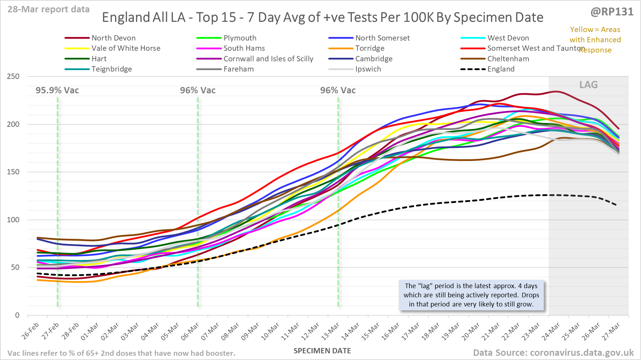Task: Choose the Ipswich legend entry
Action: pos(368,69)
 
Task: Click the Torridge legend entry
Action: pos(369,48)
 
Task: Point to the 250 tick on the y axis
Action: pos(13,76)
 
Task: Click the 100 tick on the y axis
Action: pos(13,220)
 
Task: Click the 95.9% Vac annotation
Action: pos(57,91)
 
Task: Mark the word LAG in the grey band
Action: pos(589,85)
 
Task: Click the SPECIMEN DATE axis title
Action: pos(322,351)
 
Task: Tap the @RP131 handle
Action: pos(612,12)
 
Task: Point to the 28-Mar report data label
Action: pos(49,10)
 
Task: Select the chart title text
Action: pos(322,17)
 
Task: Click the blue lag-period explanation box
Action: pos(471,295)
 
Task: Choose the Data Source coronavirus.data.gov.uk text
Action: pos(553,353)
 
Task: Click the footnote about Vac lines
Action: pos(121,353)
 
